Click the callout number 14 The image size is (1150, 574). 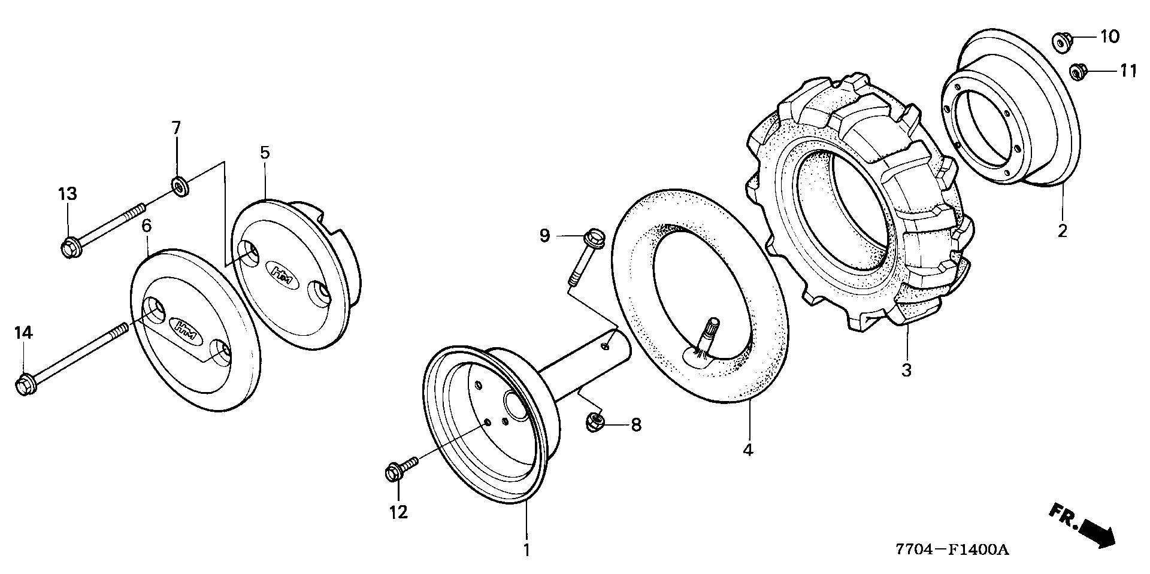click(x=23, y=333)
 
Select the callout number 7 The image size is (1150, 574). click(x=176, y=128)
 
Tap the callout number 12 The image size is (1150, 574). click(x=398, y=512)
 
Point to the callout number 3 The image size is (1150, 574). click(x=906, y=370)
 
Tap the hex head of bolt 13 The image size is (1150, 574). click(x=69, y=247)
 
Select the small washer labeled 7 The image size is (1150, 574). click(x=178, y=186)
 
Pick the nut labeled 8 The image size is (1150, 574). click(x=595, y=423)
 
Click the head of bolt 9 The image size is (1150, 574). click(x=595, y=236)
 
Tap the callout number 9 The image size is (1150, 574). click(x=544, y=236)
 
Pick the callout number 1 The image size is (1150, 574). click(x=526, y=549)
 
